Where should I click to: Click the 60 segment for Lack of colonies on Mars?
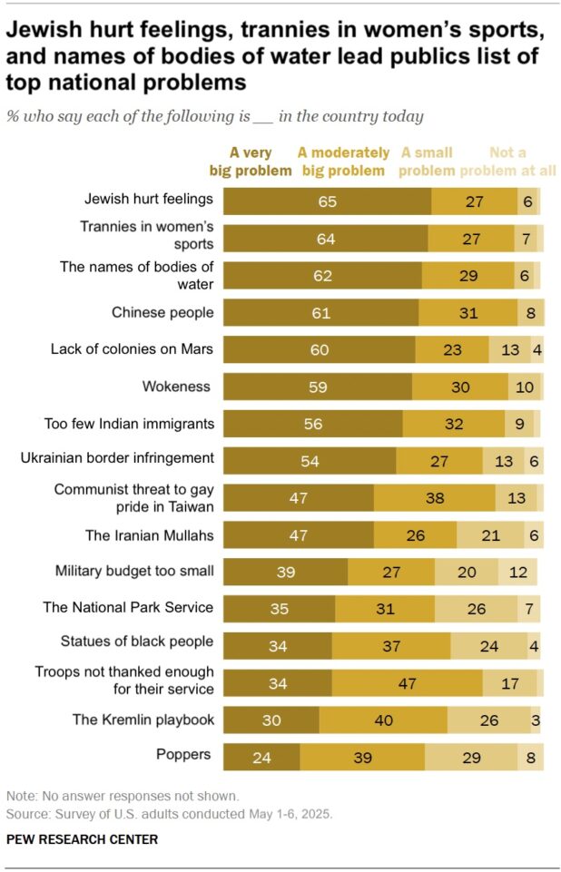click(x=319, y=348)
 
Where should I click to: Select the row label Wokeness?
click(x=176, y=387)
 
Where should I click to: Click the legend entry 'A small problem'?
click(x=427, y=162)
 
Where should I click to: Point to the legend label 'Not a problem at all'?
click(x=507, y=162)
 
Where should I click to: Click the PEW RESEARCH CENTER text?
click(x=82, y=839)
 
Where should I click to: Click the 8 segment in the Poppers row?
click(x=531, y=757)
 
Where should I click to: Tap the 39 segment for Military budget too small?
click(x=285, y=572)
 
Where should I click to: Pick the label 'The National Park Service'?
click(x=128, y=607)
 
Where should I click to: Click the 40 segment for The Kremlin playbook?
click(x=383, y=720)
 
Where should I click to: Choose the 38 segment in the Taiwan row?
click(x=434, y=497)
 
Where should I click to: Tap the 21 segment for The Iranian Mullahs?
click(x=490, y=534)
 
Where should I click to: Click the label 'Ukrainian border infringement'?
click(x=117, y=458)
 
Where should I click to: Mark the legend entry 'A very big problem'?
click(x=251, y=162)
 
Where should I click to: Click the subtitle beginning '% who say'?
click(x=214, y=116)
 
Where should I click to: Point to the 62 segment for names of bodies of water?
click(x=322, y=275)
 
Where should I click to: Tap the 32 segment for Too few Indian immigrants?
click(x=453, y=423)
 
